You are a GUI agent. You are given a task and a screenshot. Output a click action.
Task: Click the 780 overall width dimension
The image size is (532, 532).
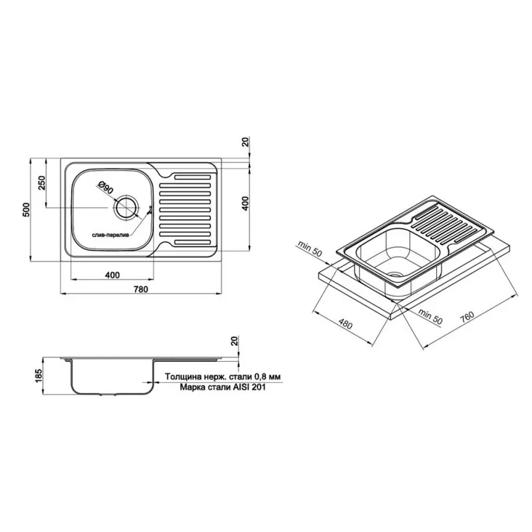140,289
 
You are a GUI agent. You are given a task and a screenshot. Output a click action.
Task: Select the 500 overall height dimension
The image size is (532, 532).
25,210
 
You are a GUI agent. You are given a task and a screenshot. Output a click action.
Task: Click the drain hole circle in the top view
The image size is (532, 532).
126,208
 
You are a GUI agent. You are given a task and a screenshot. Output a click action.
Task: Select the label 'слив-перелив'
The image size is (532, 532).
112,235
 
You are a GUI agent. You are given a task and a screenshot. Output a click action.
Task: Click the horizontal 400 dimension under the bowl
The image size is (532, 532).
112,274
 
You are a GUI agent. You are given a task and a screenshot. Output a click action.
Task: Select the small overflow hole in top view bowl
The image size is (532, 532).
150,209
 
